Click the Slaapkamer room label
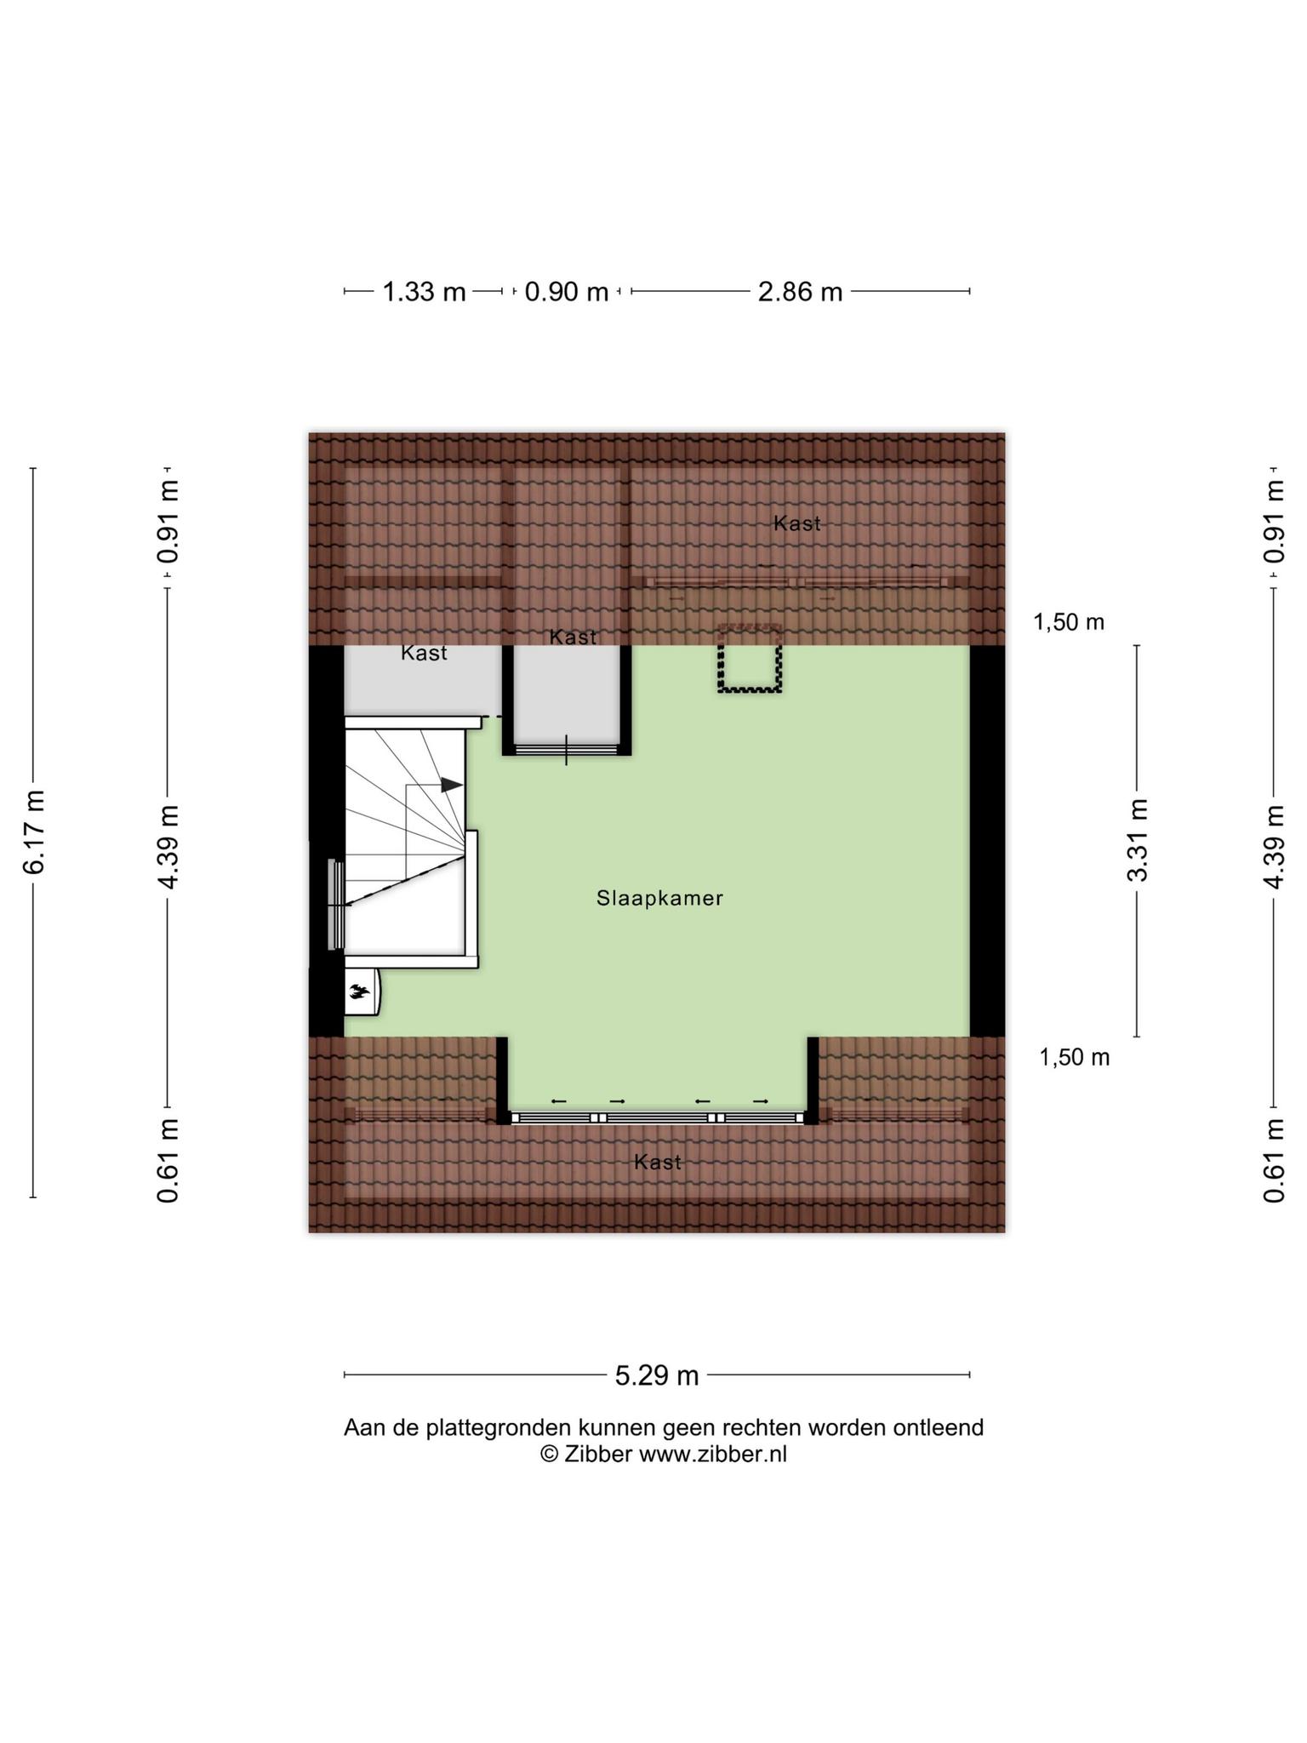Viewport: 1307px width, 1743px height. tap(659, 898)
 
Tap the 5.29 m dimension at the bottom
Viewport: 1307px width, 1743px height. tap(657, 1374)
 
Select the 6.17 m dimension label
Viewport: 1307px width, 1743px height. tap(34, 831)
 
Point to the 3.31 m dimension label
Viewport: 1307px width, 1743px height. tap(1138, 840)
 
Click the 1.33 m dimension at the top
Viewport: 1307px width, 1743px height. tap(424, 292)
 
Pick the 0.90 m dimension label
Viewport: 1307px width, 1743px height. tap(567, 292)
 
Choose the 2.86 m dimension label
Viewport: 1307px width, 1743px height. tap(800, 292)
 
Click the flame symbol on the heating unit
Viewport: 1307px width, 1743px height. tap(359, 991)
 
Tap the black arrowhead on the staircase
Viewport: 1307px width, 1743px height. tap(451, 785)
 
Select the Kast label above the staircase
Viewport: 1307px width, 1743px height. tap(424, 653)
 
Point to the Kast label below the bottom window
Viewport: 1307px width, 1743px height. tap(658, 1162)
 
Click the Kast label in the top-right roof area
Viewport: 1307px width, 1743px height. tap(797, 523)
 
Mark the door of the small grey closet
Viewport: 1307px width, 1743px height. tap(567, 750)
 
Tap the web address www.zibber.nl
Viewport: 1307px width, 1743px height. tap(713, 1454)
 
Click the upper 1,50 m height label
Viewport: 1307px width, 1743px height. tap(1069, 622)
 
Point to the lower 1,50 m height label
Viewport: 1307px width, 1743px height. tap(1075, 1057)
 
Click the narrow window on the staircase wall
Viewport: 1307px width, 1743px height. tap(336, 905)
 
